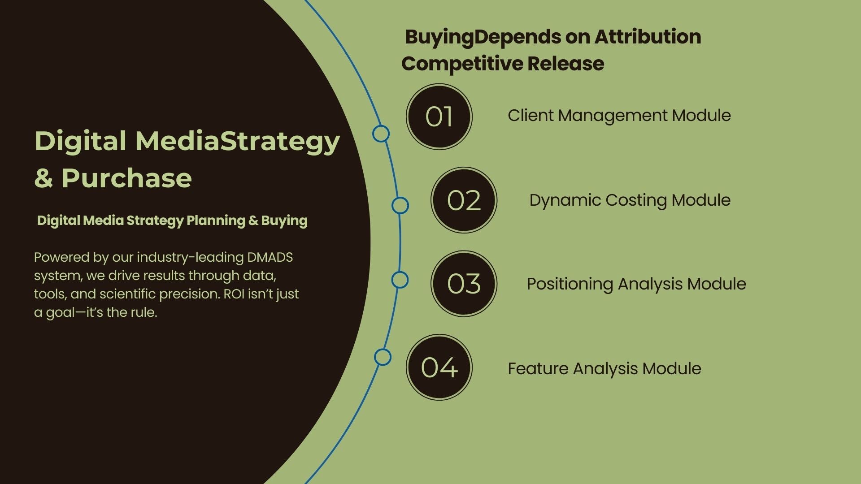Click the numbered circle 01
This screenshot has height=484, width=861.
439,117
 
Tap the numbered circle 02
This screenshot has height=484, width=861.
464,200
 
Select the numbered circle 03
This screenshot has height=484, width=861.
464,284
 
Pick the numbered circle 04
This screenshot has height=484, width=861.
439,367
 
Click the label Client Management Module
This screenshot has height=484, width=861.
619,116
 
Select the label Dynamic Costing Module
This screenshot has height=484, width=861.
630,200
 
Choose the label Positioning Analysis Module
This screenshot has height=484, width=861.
636,284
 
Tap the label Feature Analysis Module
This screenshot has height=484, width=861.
604,369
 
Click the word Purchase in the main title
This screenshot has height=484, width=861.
126,178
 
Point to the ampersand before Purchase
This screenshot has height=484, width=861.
43,178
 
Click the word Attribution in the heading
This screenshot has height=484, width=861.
648,37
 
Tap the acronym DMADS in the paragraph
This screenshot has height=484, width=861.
270,258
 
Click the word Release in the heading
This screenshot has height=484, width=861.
566,64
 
